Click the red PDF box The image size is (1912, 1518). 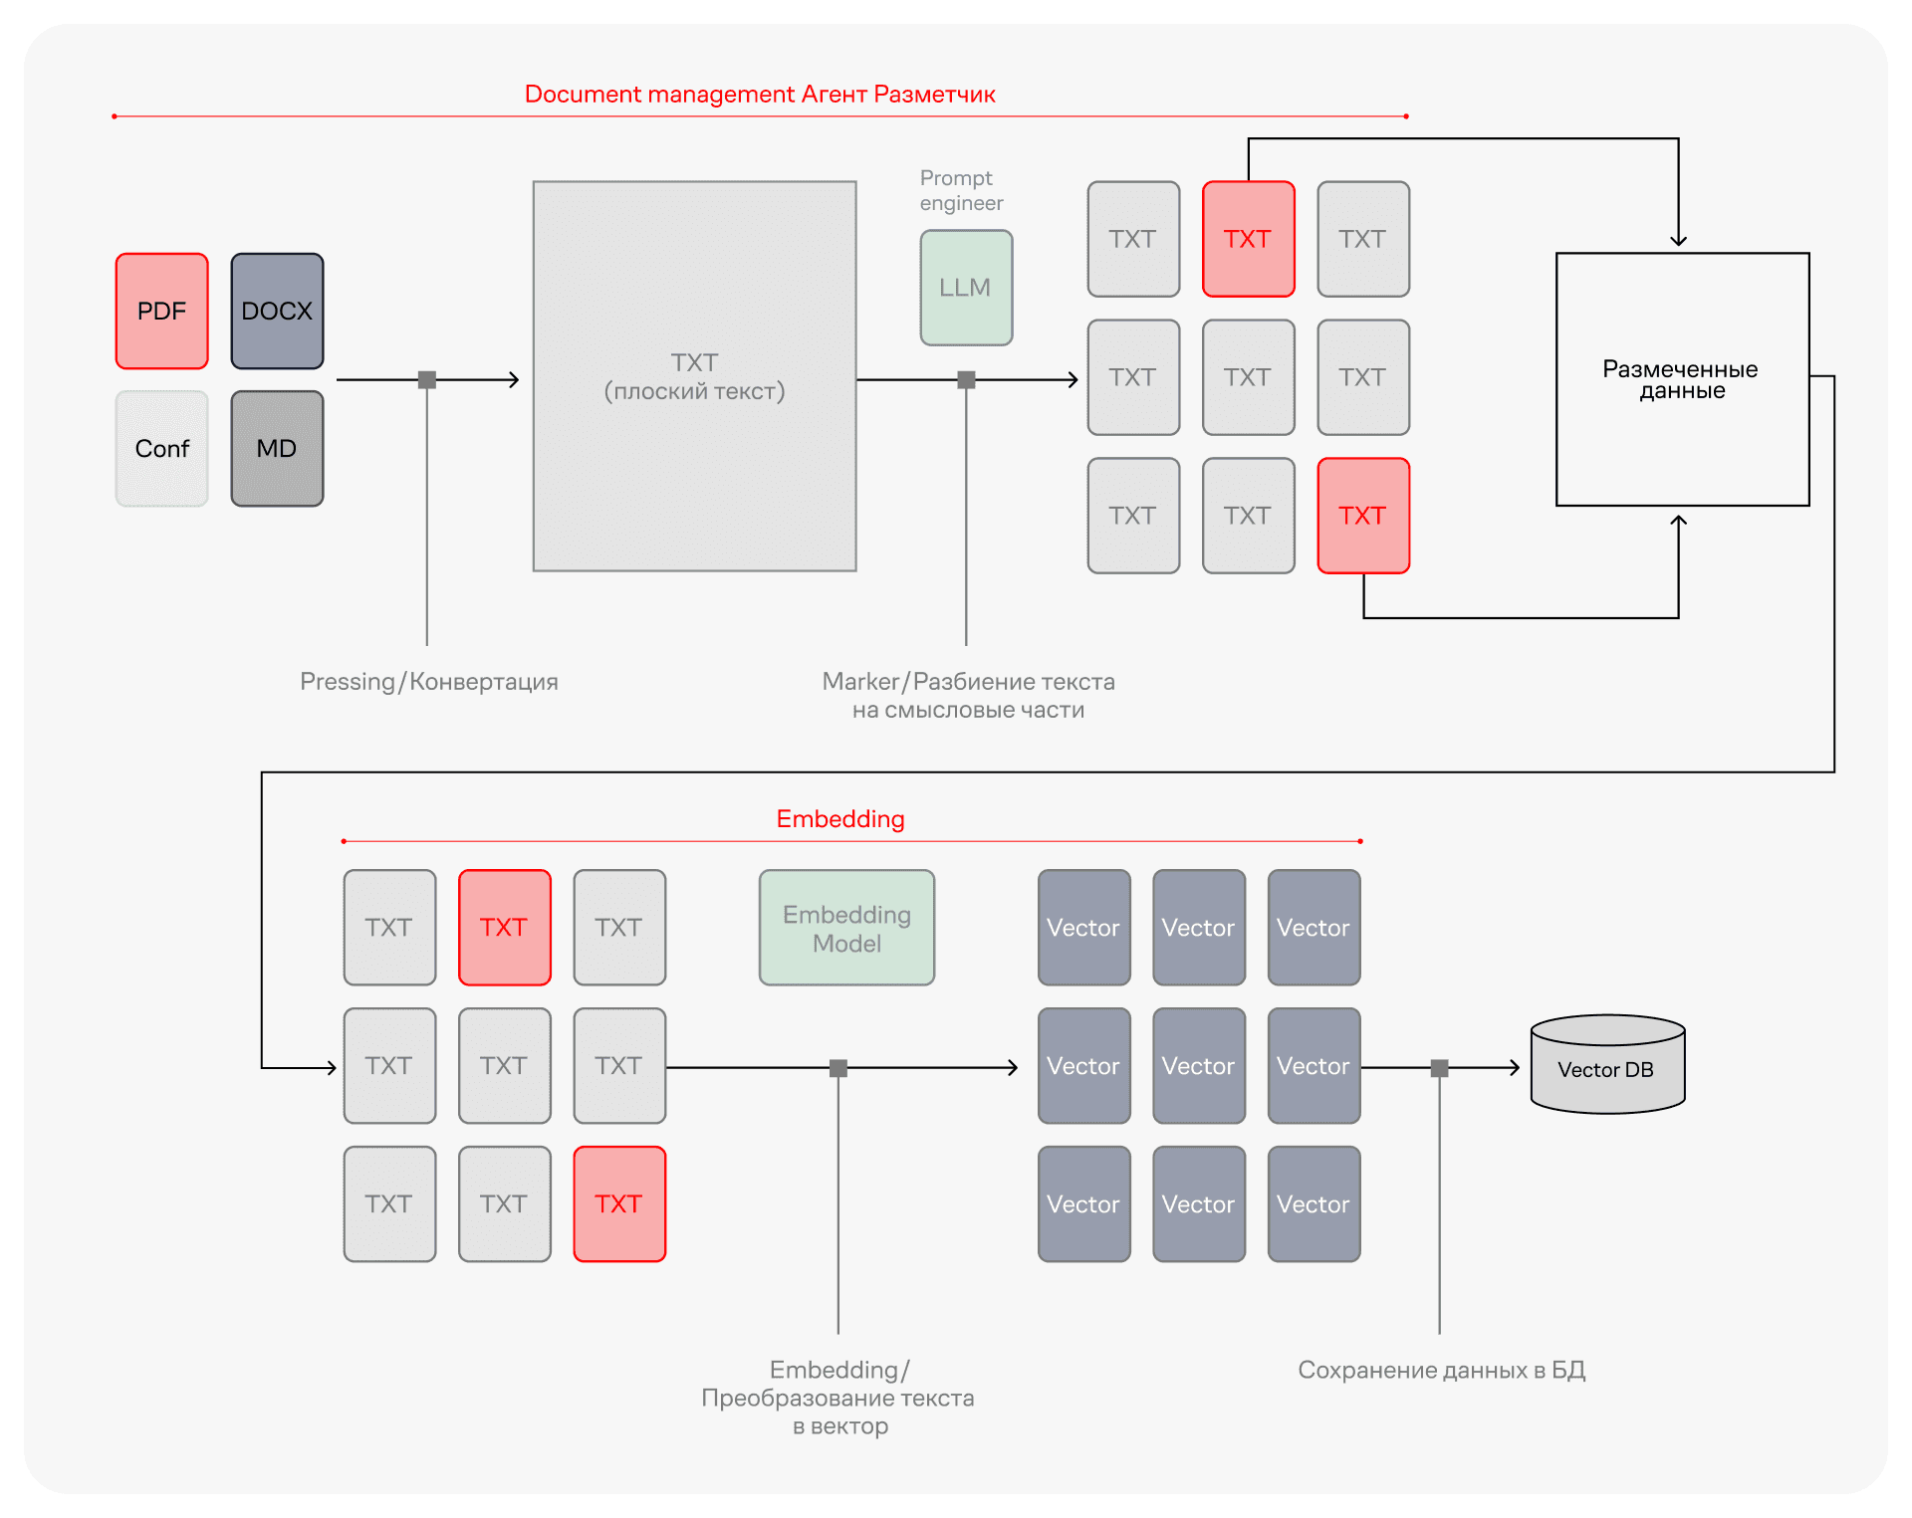pyautogui.click(x=162, y=311)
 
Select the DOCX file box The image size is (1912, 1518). pyautogui.click(x=277, y=311)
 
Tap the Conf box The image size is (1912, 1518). pyautogui.click(x=162, y=449)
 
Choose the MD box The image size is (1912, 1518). pyautogui.click(x=277, y=449)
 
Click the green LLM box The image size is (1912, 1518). pyautogui.click(x=966, y=288)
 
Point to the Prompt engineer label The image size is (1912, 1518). pyautogui.click(x=961, y=190)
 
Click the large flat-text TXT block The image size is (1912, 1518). pyautogui.click(x=695, y=376)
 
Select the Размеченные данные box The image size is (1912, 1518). pyautogui.click(x=1683, y=379)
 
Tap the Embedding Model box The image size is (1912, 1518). pyautogui.click(x=847, y=928)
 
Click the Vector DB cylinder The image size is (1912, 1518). pyautogui.click(x=1607, y=1064)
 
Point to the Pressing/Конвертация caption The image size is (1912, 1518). pyautogui.click(x=429, y=682)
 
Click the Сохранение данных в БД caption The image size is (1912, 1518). pyautogui.click(x=1442, y=1371)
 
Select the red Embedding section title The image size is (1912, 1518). pyautogui.click(x=840, y=819)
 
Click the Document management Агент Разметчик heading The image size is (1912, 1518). pyautogui.click(x=760, y=95)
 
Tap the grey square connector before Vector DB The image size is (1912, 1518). pyautogui.click(x=1440, y=1068)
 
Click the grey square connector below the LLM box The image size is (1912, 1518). pyautogui.click(x=966, y=379)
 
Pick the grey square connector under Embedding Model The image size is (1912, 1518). pyautogui.click(x=838, y=1068)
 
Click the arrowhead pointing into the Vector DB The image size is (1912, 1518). pyautogui.click(x=1515, y=1068)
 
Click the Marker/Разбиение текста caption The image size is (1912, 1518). pyautogui.click(x=969, y=696)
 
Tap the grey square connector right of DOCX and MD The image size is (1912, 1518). pyautogui.click(x=427, y=379)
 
